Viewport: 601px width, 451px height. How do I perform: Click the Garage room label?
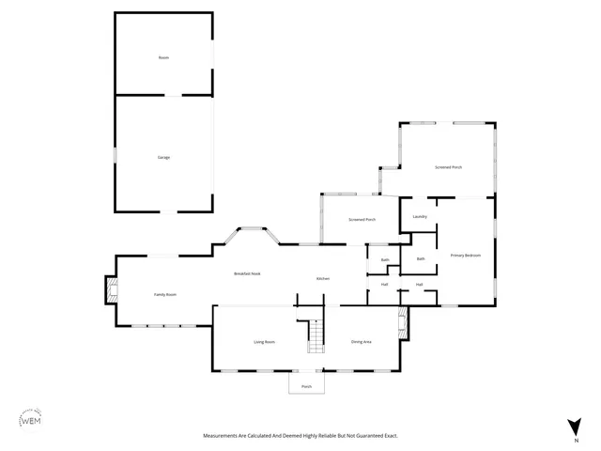pos(163,157)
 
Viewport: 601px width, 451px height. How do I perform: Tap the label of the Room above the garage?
pos(163,58)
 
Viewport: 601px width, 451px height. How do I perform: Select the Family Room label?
pos(165,295)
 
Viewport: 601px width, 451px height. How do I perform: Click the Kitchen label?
pos(322,279)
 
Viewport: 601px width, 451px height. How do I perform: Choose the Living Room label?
pos(264,342)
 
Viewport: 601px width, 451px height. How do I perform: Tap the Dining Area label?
pos(362,342)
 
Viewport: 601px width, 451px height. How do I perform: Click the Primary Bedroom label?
pos(465,256)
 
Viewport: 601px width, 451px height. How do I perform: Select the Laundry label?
pos(420,217)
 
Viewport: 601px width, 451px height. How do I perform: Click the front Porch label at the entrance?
pos(306,387)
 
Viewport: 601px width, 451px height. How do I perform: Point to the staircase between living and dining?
pos(316,336)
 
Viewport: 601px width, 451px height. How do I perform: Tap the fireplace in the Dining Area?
pos(403,325)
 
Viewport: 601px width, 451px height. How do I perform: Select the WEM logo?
pos(31,421)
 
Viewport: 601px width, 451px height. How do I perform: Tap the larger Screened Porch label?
pos(448,167)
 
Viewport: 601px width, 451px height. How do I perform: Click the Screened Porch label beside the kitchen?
pos(362,220)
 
